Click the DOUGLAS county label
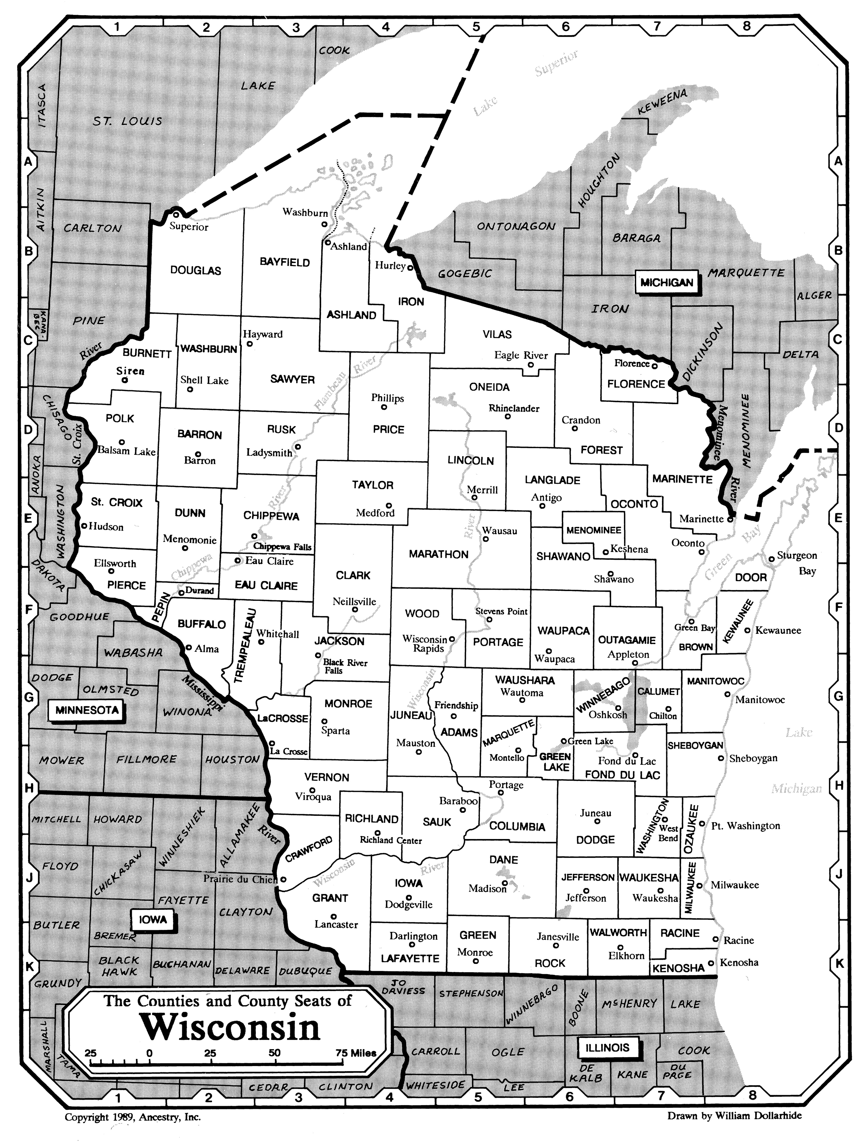pyautogui.click(x=196, y=270)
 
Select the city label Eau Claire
pyautogui.click(x=269, y=561)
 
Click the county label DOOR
pyautogui.click(x=750, y=577)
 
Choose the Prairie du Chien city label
pyautogui.click(x=241, y=879)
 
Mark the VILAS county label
pyautogui.click(x=497, y=334)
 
